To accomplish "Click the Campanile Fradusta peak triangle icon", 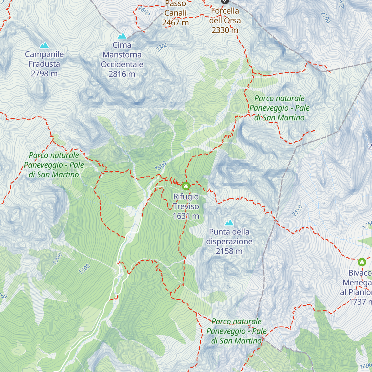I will tap(44, 45).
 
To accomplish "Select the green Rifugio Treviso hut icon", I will tap(186, 186).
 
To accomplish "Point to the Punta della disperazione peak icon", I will tap(229, 223).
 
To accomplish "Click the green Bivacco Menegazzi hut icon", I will tap(362, 262).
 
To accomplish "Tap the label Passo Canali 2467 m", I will tap(175, 13).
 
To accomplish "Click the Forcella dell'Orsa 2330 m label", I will tap(225, 20).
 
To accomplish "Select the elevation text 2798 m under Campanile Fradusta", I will tap(44, 74).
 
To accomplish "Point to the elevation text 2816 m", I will tap(122, 74).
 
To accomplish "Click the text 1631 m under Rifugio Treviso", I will tap(186, 216).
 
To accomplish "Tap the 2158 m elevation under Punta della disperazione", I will tap(229, 251).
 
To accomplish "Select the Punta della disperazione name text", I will tap(229, 237).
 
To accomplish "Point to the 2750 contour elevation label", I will tap(297, 210).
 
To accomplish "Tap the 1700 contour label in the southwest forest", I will tap(58, 259).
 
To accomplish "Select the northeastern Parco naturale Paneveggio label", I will tap(280, 108).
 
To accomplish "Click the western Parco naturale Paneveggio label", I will tap(54, 165).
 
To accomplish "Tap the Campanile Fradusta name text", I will tap(44, 59).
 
